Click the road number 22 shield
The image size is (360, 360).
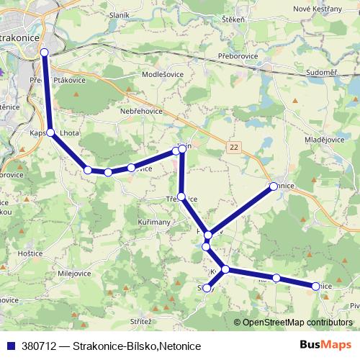pos(233,146)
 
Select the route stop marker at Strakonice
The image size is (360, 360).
pos(44,53)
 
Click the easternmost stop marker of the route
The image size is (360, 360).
pos(315,287)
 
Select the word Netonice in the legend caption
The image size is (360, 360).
pos(176,346)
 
